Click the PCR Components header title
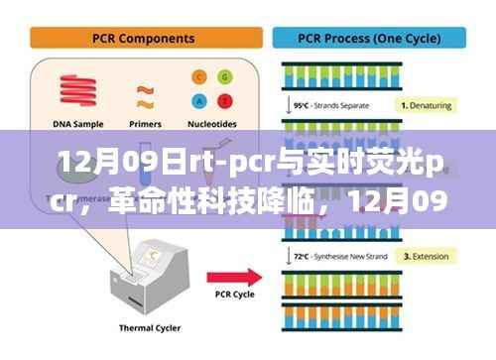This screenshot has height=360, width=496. (x=143, y=39)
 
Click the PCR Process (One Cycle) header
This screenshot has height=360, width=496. (x=368, y=39)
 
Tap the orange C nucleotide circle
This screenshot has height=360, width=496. (x=198, y=76)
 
